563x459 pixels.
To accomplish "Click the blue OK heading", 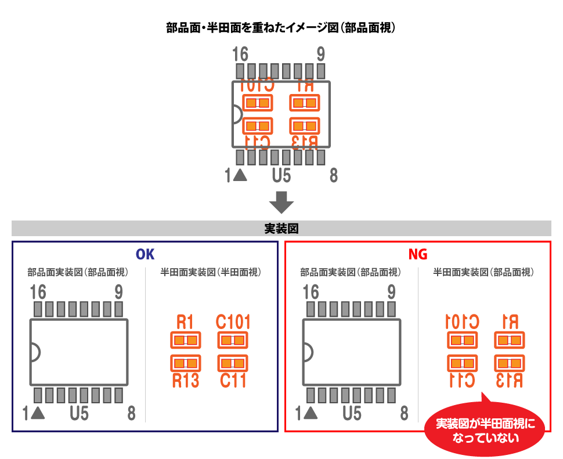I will (145, 254).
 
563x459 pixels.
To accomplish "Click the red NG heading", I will (417, 254).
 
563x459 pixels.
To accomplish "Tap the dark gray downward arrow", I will (281, 201).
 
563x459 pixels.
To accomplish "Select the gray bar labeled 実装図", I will (281, 228).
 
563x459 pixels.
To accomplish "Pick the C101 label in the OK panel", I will (233, 321).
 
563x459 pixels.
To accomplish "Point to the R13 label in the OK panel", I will (185, 381).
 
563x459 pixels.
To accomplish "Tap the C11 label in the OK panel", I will (233, 381).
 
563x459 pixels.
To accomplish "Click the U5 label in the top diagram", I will (281, 175).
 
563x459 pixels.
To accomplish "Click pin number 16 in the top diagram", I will (240, 55).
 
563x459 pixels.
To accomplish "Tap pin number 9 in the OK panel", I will (118, 291).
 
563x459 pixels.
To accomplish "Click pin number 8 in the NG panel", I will (404, 414).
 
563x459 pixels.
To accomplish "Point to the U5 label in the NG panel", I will (352, 414).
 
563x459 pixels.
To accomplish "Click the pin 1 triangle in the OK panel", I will (39, 413).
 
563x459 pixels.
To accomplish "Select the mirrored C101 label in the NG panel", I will (462, 321).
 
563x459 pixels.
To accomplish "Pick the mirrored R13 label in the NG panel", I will (509, 381).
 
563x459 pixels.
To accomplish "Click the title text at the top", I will (281, 27).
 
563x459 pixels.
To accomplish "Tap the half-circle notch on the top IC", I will (237, 114).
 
